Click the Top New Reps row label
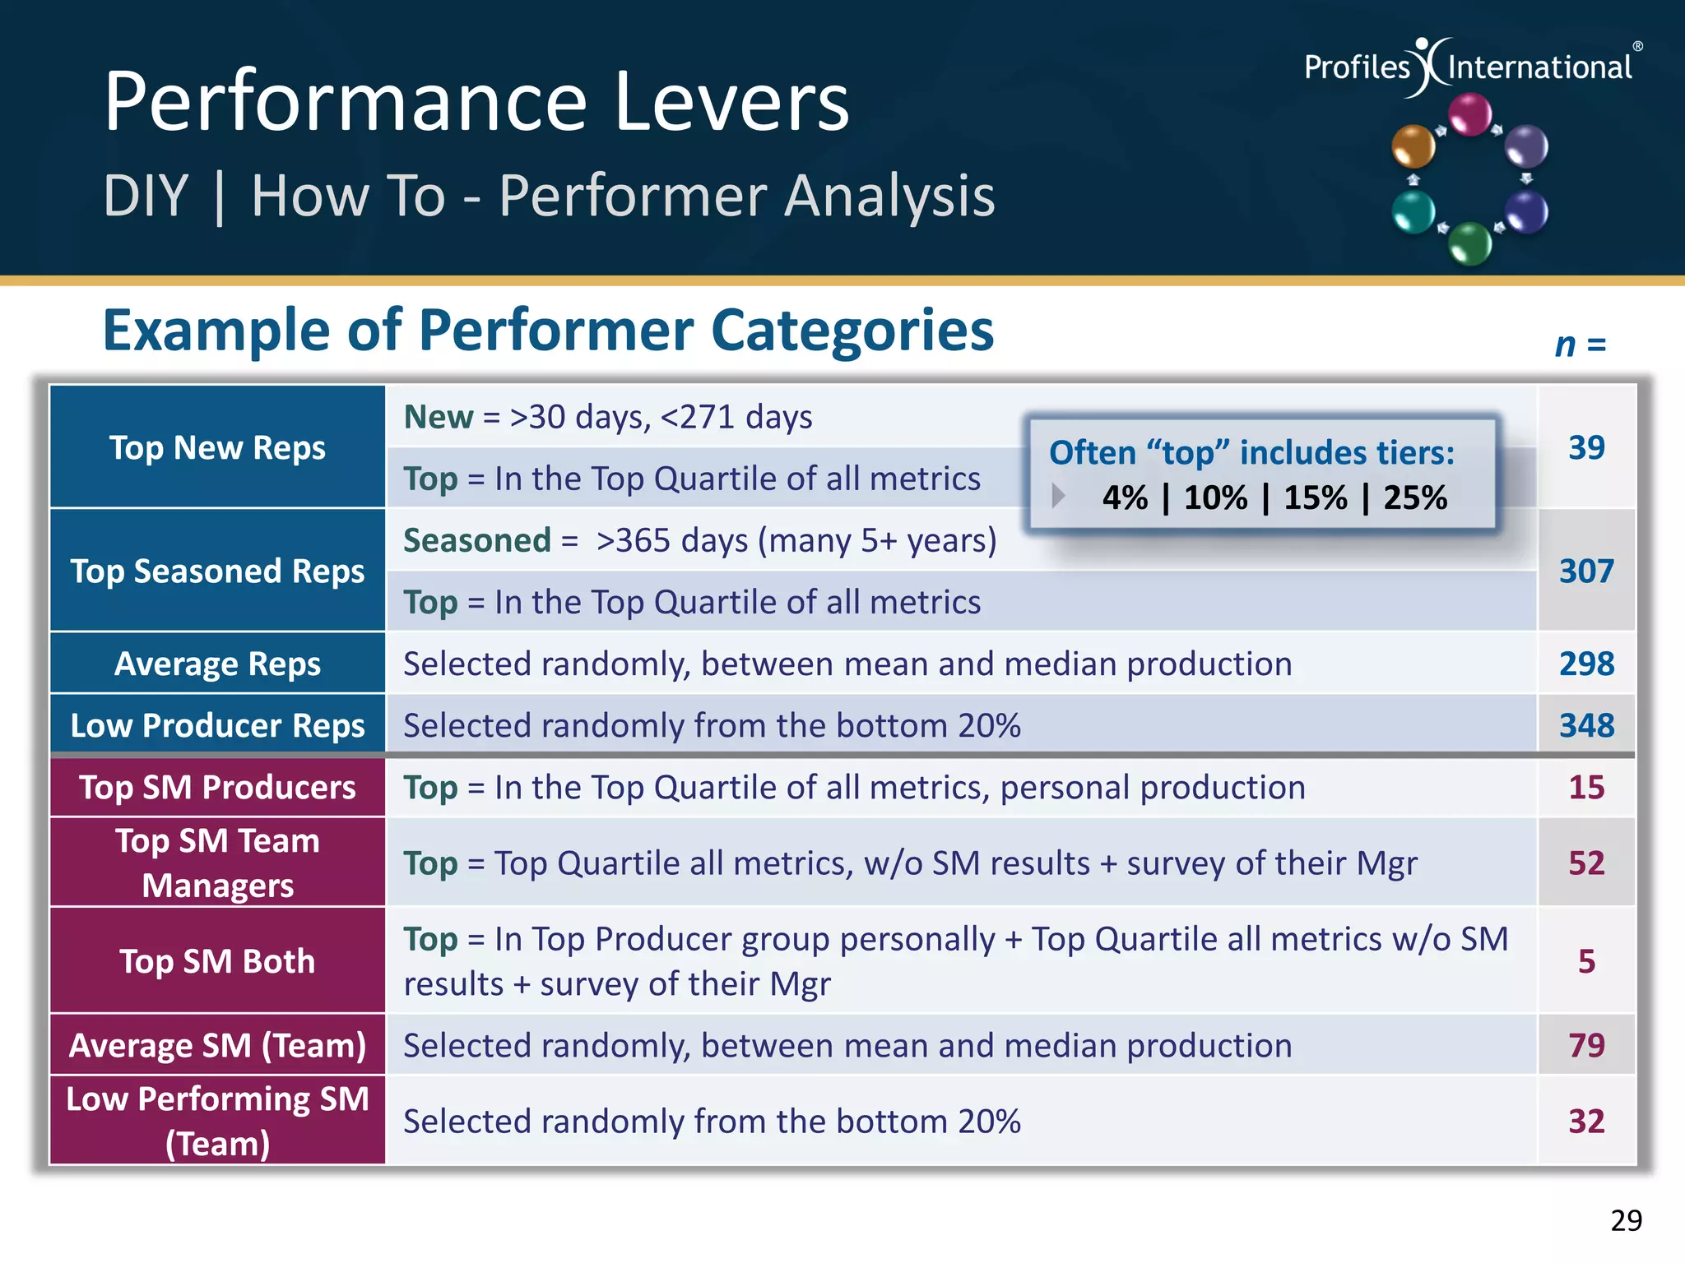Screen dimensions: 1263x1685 click(x=217, y=448)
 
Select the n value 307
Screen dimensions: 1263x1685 click(x=1585, y=571)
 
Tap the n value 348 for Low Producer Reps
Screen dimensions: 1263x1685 click(x=1585, y=725)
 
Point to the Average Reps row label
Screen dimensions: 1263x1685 click(x=217, y=664)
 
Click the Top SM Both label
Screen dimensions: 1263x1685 click(x=217, y=961)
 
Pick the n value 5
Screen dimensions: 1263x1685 click(x=1586, y=961)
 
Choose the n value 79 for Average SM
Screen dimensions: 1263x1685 click(x=1586, y=1045)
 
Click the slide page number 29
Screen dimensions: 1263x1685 click(x=1626, y=1220)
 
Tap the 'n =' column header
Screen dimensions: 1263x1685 click(x=1580, y=345)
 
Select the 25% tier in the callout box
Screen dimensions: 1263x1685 click(x=1414, y=498)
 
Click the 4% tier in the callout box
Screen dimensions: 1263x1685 click(x=1125, y=498)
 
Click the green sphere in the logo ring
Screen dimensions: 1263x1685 click(x=1469, y=243)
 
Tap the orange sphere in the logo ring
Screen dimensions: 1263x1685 click(x=1413, y=146)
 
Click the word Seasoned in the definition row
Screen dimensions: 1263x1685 click(x=476, y=541)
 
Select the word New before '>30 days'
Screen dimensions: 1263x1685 click(x=438, y=418)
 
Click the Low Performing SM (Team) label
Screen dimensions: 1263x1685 click(x=217, y=1121)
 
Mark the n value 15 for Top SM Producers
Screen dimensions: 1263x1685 click(x=1586, y=788)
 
